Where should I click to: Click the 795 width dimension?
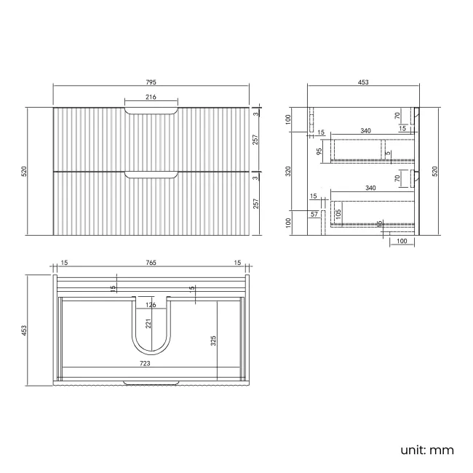151,82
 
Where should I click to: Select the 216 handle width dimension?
151,97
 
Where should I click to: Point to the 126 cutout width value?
151,304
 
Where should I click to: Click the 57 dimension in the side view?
314,215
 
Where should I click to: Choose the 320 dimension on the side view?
289,171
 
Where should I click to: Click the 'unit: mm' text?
426,450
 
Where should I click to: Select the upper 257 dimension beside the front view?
255,140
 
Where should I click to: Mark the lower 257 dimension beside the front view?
255,204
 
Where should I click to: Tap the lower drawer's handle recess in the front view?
151,174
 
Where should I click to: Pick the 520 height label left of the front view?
24,171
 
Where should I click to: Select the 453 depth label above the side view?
363,82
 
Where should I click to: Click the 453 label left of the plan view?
24,330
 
